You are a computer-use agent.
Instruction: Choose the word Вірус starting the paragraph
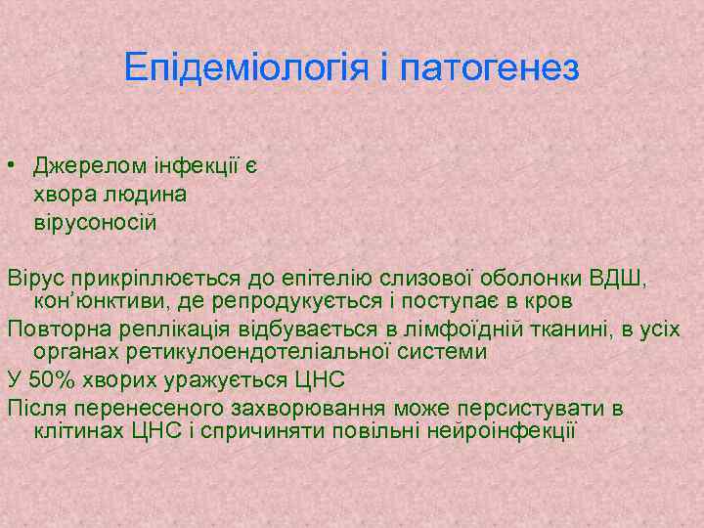tap(33, 278)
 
